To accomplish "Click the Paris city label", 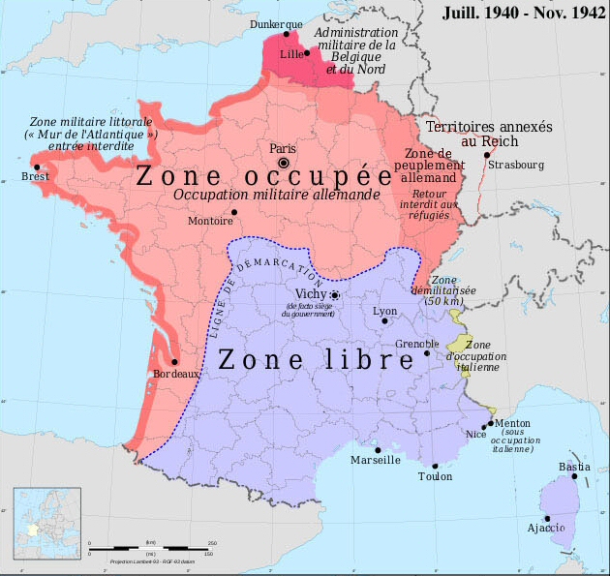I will [x=282, y=148].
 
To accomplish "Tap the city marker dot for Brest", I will [x=37, y=167].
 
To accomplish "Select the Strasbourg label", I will [x=516, y=165].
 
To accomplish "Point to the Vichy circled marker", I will [x=335, y=295].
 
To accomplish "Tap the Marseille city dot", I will [x=378, y=449].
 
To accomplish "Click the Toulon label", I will [x=435, y=476].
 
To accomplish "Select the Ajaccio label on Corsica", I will [x=545, y=528].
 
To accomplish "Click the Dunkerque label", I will [x=275, y=23].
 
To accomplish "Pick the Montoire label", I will [x=216, y=222].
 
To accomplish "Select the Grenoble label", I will [x=418, y=344].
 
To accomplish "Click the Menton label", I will [x=514, y=423].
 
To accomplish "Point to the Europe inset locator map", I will [x=43, y=520].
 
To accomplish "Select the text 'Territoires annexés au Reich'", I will [x=475, y=134].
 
